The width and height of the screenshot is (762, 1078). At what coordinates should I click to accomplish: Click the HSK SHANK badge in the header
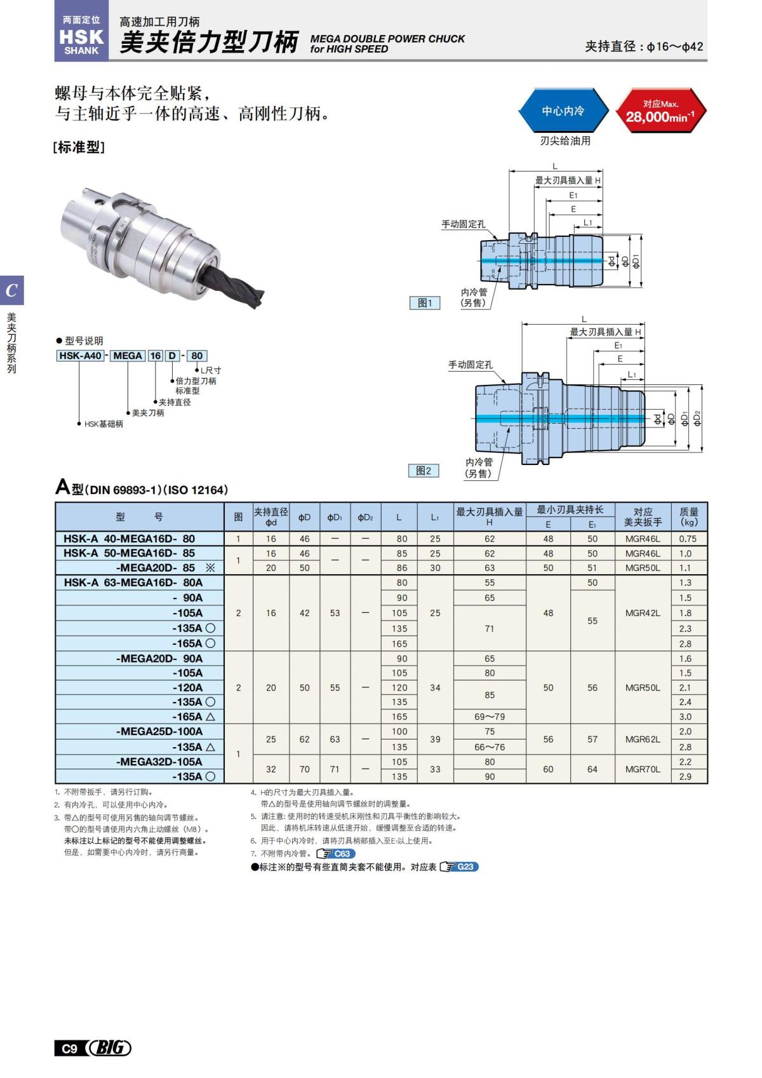click(81, 36)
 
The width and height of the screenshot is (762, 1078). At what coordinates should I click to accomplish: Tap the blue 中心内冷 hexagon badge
click(563, 111)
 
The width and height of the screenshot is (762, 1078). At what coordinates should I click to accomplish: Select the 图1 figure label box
click(424, 303)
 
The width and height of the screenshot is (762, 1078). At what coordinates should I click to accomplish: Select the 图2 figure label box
click(423, 471)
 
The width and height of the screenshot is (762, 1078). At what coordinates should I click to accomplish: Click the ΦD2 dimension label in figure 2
click(697, 418)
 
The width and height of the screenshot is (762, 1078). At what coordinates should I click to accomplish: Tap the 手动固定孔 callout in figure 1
click(463, 224)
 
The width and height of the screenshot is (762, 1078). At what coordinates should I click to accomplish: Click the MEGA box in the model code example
click(127, 356)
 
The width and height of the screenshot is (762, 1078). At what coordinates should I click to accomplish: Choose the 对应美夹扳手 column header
click(643, 516)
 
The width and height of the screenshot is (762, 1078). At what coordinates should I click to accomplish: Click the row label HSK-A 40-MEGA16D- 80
click(130, 539)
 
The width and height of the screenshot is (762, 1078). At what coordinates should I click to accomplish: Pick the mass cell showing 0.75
click(688, 539)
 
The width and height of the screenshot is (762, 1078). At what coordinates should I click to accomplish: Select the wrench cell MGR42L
click(643, 613)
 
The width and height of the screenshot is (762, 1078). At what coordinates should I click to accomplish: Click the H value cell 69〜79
click(490, 717)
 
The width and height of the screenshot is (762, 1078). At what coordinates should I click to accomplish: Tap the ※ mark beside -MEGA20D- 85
click(210, 568)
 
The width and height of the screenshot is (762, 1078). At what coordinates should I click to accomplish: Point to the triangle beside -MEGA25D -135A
click(210, 747)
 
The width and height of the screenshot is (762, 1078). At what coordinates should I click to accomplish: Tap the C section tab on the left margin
click(11, 291)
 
